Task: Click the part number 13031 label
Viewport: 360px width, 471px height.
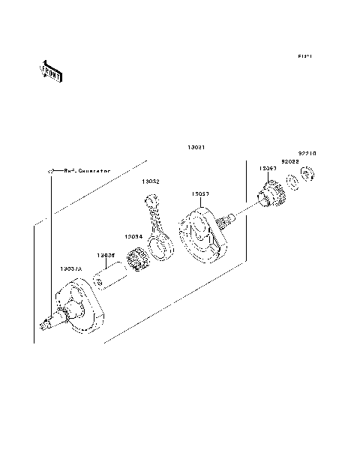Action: (186, 146)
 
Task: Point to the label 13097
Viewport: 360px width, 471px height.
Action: (268, 169)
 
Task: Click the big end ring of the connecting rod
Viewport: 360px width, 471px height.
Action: (160, 247)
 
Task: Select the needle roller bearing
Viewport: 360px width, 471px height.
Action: (137, 260)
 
